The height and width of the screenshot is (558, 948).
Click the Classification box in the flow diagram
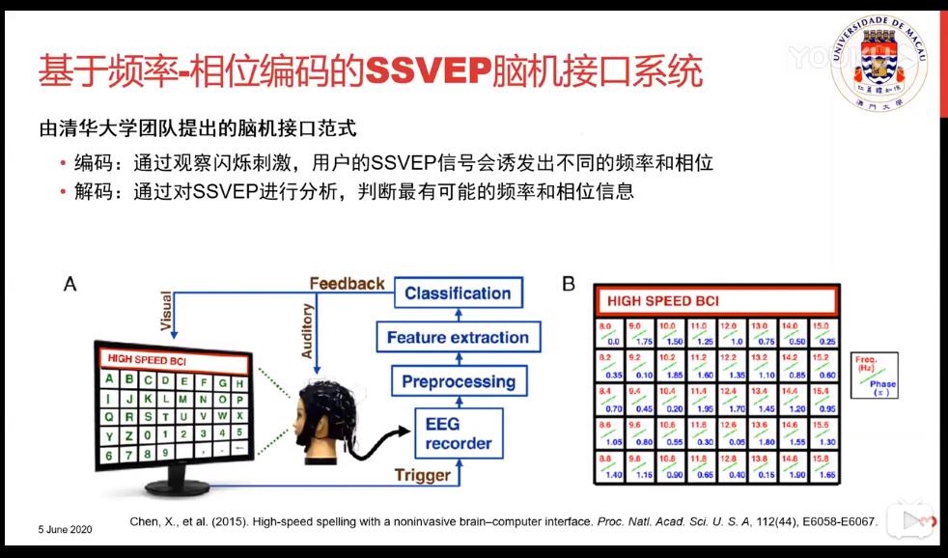tap(458, 293)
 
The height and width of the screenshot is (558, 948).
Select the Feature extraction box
tap(458, 338)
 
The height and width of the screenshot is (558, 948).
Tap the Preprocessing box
tap(458, 381)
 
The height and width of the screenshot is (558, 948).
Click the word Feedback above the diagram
tap(347, 284)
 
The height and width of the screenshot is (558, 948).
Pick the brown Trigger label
tap(422, 475)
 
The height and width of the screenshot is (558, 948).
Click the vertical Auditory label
tap(307, 330)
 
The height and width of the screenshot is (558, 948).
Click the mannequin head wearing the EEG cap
tap(319, 420)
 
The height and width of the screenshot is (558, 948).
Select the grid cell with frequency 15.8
tap(823, 468)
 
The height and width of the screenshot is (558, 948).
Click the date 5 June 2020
tap(66, 530)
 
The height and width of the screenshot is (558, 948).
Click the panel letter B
tap(569, 284)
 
